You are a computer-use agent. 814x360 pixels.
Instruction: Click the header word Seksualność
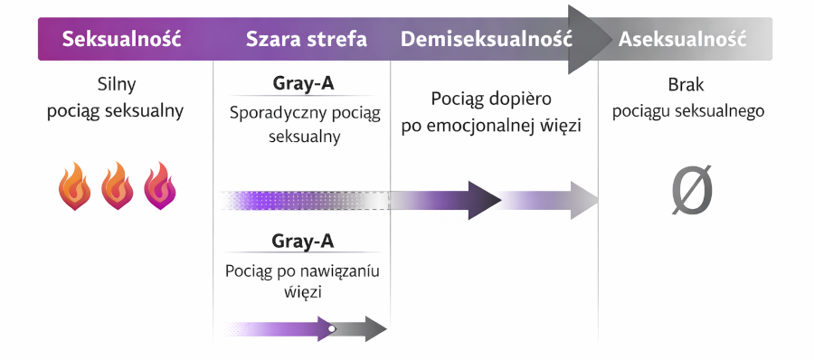122,40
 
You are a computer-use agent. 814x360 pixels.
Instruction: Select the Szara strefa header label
306,40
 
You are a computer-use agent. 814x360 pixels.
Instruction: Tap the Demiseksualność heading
487,40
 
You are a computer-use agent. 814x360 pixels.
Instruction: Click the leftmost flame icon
75,187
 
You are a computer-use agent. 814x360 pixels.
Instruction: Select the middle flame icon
118,187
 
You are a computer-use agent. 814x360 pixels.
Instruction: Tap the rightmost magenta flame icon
160,187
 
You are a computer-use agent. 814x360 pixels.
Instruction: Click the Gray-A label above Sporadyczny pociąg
303,84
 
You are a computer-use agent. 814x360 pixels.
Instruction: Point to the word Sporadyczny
270,114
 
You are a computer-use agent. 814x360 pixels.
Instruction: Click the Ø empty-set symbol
692,192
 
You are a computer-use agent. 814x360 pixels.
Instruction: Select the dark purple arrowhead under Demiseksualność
483,199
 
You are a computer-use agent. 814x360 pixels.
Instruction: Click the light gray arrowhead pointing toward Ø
583,199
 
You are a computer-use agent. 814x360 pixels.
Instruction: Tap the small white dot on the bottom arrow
332,328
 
